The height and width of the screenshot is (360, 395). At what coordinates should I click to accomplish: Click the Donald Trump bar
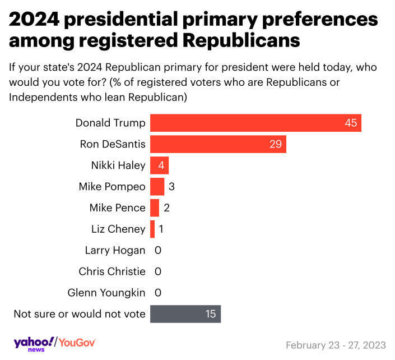tap(255, 123)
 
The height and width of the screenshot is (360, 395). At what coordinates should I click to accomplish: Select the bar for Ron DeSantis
tap(218, 144)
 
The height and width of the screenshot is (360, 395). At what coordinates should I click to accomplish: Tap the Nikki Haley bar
tap(159, 165)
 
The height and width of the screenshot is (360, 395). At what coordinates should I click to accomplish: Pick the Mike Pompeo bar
tap(157, 186)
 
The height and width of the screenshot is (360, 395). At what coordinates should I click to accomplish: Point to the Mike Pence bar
tap(155, 207)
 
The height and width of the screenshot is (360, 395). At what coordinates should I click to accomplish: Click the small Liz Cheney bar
tap(152, 229)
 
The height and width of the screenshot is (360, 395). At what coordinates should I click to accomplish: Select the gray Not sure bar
tap(185, 314)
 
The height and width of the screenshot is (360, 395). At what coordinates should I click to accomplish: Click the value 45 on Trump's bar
tap(351, 123)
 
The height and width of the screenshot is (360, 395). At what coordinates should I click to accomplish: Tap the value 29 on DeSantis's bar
tap(276, 144)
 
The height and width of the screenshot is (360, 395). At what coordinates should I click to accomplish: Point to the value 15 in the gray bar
tap(210, 314)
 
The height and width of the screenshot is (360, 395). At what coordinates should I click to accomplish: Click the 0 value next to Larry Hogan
tap(158, 250)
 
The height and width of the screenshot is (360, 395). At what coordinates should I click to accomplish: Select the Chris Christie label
tap(112, 271)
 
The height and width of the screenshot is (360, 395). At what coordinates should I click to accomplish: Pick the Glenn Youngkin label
tap(106, 293)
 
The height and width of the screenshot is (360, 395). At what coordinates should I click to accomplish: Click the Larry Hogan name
tap(115, 250)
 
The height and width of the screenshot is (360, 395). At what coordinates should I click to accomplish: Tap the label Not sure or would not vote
tap(79, 314)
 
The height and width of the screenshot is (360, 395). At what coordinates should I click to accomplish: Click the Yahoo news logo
tap(34, 343)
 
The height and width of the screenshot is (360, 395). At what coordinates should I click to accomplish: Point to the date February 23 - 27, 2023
tap(334, 344)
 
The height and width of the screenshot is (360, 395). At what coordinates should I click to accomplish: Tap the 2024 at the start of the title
tap(34, 20)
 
